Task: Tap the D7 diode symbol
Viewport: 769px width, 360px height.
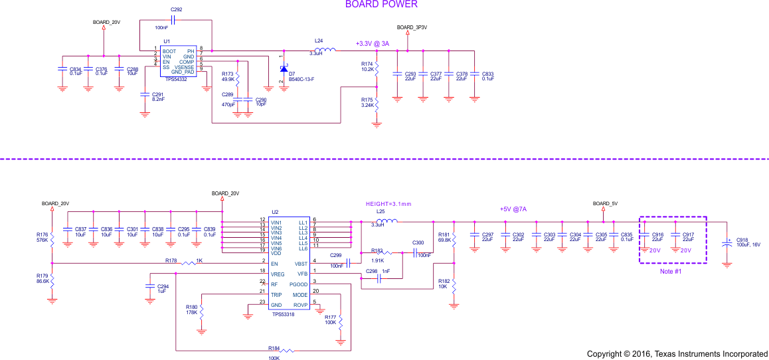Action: (x=284, y=68)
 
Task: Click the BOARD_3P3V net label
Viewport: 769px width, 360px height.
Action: (x=412, y=27)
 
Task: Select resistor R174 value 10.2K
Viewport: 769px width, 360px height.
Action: (x=368, y=69)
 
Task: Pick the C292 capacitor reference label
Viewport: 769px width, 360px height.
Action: (x=176, y=10)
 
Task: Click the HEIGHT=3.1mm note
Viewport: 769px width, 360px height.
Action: (x=388, y=204)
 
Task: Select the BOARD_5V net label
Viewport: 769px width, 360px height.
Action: (x=605, y=203)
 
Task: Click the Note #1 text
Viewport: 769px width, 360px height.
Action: (x=671, y=272)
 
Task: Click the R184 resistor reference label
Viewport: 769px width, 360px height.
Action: (x=274, y=348)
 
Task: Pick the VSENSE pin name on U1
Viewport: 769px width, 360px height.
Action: (x=184, y=67)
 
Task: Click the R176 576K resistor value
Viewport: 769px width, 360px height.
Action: (x=43, y=240)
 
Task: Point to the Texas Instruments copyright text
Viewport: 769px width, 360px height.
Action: (x=677, y=354)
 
